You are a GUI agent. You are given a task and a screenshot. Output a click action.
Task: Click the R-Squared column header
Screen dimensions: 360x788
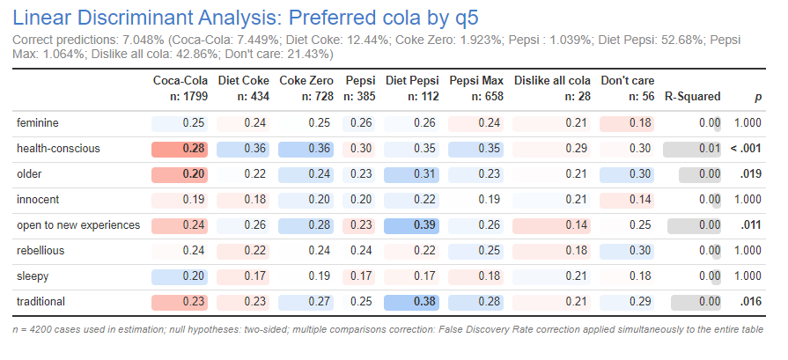692,96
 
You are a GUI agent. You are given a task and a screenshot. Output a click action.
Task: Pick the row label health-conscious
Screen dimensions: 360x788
58,149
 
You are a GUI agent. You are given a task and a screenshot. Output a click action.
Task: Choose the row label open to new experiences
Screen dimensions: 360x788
78,225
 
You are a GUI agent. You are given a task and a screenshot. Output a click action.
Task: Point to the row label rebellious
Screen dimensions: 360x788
40,251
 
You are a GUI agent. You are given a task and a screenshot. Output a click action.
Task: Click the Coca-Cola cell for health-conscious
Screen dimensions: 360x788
180,149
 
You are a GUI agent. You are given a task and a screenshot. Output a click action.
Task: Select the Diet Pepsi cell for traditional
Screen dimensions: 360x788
412,302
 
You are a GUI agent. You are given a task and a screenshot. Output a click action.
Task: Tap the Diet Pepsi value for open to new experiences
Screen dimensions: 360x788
412,225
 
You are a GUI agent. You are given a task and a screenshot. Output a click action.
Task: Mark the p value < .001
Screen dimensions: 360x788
747,149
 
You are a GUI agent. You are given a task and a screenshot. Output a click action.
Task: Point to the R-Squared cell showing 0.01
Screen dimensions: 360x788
692,149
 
